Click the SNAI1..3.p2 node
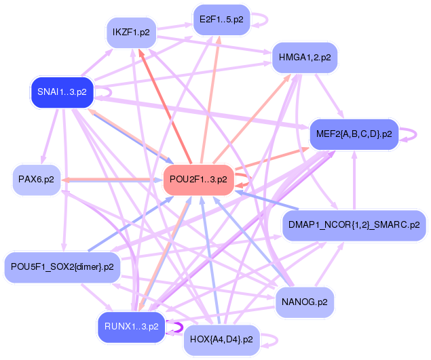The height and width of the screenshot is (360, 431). [62, 92]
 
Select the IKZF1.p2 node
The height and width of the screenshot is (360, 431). [131, 33]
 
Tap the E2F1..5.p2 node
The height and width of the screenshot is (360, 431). [221, 20]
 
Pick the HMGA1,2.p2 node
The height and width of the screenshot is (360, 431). [305, 58]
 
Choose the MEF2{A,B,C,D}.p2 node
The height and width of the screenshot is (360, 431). [354, 134]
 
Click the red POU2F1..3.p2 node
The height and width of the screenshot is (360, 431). [198, 180]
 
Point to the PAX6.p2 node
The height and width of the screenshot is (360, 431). [36, 180]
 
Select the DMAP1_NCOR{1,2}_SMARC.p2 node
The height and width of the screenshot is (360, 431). [354, 226]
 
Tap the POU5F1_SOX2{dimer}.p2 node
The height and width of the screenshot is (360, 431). [62, 267]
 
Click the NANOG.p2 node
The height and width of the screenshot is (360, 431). [305, 302]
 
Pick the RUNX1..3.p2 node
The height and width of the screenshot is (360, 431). [132, 327]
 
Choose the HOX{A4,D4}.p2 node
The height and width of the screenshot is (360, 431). [221, 340]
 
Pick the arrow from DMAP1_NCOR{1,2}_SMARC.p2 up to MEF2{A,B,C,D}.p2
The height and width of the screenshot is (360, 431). [354, 180]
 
